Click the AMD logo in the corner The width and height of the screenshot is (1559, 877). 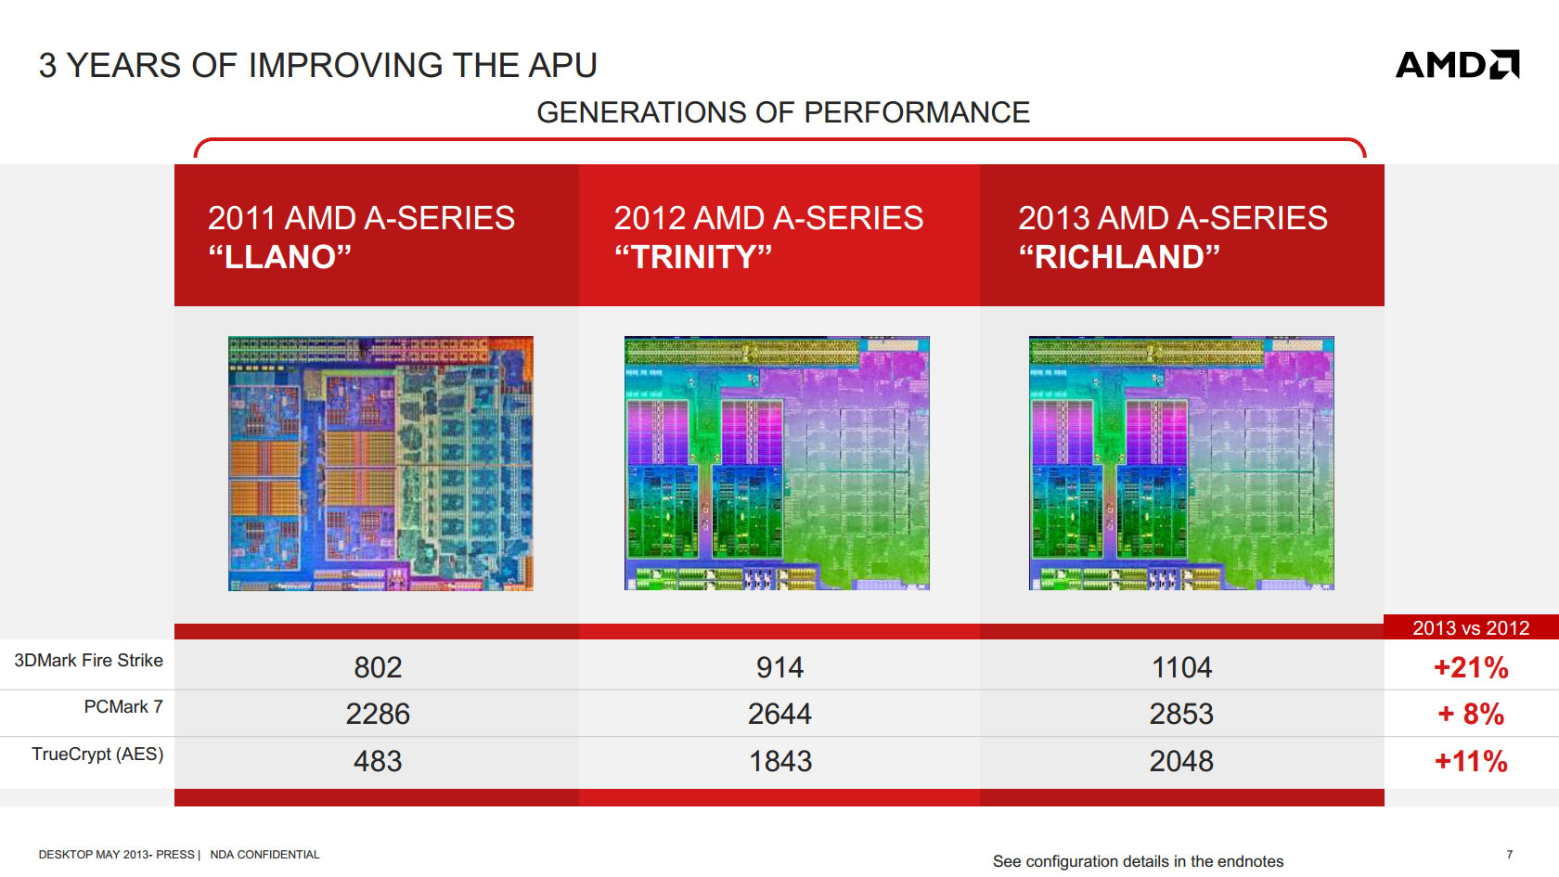(x=1457, y=65)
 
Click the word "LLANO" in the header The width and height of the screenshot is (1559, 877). (x=280, y=257)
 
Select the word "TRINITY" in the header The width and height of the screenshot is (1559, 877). (x=693, y=257)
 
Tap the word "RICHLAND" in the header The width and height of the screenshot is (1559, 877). (x=1119, y=257)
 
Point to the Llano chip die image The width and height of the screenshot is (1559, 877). (x=380, y=464)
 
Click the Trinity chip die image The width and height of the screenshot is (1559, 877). (x=777, y=464)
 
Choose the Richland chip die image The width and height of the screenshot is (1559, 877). (x=1181, y=464)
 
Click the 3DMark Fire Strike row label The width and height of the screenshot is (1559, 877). (x=88, y=661)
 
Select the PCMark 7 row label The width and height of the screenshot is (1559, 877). (x=123, y=707)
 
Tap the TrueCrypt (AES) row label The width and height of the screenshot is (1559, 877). (x=97, y=754)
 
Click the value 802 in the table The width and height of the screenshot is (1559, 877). (x=378, y=667)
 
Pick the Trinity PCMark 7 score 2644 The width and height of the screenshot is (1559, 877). (x=779, y=715)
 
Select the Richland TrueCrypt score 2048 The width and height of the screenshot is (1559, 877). (x=1181, y=761)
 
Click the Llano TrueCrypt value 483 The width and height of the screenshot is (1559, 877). (x=378, y=761)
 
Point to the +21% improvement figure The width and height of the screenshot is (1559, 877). (x=1471, y=667)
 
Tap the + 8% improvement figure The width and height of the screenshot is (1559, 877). (x=1471, y=715)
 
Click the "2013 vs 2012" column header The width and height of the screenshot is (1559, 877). (x=1471, y=627)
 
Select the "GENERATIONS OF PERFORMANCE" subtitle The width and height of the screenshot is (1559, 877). (x=783, y=113)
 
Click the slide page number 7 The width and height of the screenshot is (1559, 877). (x=1510, y=854)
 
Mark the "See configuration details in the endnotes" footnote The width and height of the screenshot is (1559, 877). (x=1138, y=861)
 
